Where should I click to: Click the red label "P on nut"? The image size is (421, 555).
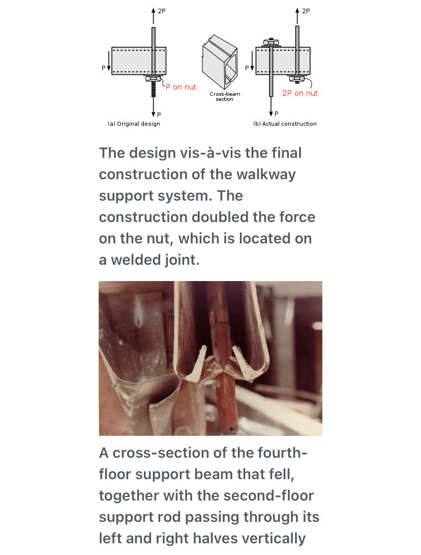[181, 87]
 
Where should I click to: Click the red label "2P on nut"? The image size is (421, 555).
[300, 93]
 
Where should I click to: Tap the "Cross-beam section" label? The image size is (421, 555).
[225, 96]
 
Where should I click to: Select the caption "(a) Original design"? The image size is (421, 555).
[134, 124]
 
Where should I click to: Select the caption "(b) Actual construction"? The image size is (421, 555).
[285, 124]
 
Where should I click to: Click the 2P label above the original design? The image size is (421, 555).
[162, 11]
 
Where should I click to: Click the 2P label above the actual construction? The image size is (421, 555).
[306, 11]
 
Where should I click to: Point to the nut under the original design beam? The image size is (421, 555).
[154, 78]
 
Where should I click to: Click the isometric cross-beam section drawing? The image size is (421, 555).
[220, 62]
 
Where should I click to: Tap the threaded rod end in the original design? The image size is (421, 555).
[154, 89]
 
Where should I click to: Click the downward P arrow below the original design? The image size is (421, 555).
[154, 106]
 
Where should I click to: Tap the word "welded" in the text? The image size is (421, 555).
[134, 260]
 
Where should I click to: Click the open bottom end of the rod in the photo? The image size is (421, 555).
[231, 430]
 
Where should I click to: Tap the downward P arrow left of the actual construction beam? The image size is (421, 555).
[252, 61]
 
